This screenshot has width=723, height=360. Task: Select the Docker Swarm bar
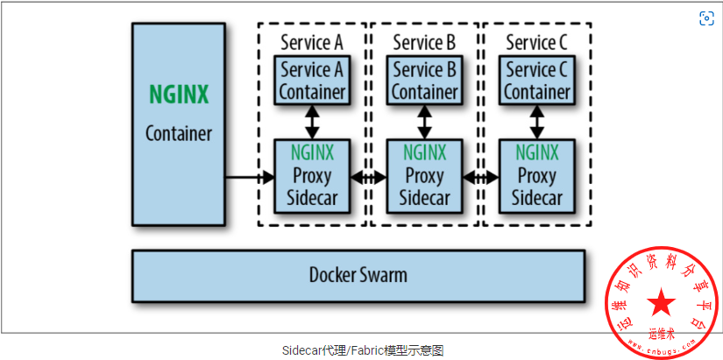[x=358, y=275]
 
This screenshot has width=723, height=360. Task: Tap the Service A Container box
[x=312, y=81]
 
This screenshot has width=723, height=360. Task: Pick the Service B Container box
[x=424, y=81]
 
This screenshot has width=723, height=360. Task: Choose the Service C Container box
[x=536, y=81]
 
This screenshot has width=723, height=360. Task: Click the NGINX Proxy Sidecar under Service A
[x=312, y=176]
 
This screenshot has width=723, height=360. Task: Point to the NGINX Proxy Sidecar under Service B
[x=424, y=176]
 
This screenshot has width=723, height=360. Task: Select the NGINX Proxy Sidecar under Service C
[x=536, y=176]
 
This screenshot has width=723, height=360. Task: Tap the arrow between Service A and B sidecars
[x=368, y=178]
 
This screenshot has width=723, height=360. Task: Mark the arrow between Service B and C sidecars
[x=480, y=178]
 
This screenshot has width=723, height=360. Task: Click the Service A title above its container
[x=312, y=42]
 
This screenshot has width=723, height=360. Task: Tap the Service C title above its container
[x=536, y=42]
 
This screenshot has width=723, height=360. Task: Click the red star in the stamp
[x=663, y=304]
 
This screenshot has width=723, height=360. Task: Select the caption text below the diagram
[x=363, y=349]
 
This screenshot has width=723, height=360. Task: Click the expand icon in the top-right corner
[x=706, y=18]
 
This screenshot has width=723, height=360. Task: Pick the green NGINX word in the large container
[x=179, y=95]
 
